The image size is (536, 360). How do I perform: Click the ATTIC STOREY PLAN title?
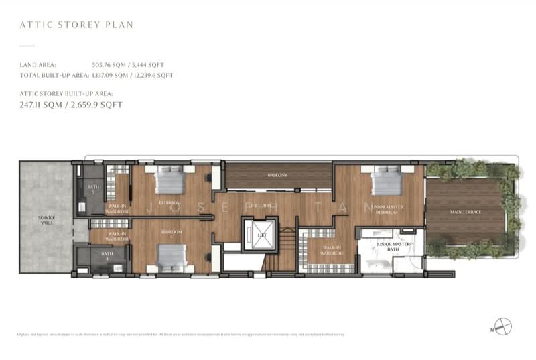[77, 25]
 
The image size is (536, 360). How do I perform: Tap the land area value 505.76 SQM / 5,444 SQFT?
[128, 65]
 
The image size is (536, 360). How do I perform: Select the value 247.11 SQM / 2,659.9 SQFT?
[71, 105]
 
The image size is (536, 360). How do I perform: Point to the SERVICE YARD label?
[46, 219]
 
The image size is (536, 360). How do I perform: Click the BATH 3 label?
[93, 189]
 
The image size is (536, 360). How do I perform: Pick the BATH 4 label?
[107, 255]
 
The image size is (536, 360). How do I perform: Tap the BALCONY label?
[277, 175]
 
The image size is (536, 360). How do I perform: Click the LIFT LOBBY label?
[259, 205]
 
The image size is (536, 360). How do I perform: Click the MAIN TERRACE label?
[466, 212]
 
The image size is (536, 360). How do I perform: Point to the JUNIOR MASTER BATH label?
[393, 247]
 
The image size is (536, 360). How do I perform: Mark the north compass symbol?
[503, 326]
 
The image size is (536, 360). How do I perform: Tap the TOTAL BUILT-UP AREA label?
[47, 76]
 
